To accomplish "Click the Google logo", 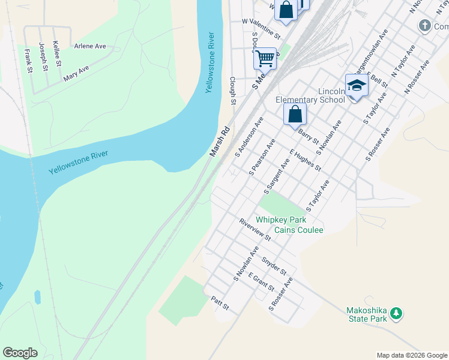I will (20, 353).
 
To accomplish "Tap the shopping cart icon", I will (265, 59).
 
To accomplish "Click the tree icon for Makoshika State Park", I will (396, 313).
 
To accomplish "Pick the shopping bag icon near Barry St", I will (295, 114).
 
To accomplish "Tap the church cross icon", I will (424, 26).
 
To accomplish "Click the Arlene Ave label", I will (90, 46).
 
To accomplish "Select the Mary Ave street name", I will (76, 73).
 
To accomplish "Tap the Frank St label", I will (28, 61).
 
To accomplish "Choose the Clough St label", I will (232, 89).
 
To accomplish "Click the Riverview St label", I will (255, 229).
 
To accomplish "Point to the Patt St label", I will (220, 303).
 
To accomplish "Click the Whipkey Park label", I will (281, 220).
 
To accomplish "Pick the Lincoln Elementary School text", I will (310, 95).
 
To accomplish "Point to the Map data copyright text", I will (411, 355).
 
